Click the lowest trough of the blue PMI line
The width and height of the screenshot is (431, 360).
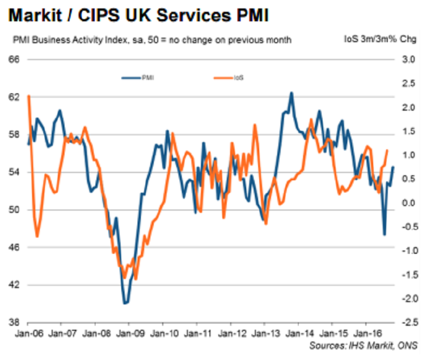tap(125, 304)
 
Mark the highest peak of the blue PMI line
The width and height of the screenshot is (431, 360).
tap(291, 93)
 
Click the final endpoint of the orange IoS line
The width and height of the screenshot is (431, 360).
tap(387, 150)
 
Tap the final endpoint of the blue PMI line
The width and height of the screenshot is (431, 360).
tap(393, 166)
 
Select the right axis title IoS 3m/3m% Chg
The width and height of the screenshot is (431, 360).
tap(384, 39)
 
